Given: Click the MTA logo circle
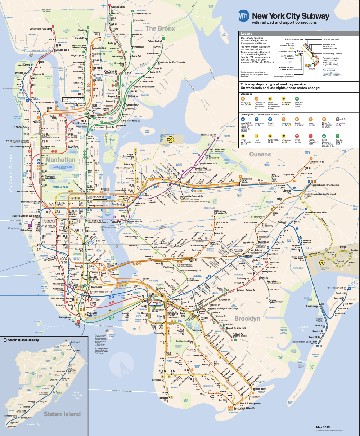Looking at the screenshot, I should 244,16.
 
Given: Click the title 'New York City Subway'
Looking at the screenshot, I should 290,16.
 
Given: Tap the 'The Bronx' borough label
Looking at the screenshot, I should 160,28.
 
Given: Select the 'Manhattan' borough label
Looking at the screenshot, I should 60,159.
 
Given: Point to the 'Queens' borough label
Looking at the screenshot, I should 260,154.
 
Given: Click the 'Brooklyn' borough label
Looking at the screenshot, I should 247,319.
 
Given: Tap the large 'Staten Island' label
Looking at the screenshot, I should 62,414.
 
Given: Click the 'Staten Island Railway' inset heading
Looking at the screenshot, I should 23,340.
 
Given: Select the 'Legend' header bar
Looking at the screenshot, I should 299,34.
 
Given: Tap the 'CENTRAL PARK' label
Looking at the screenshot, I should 60,187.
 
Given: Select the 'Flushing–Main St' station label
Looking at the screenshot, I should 208,135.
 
